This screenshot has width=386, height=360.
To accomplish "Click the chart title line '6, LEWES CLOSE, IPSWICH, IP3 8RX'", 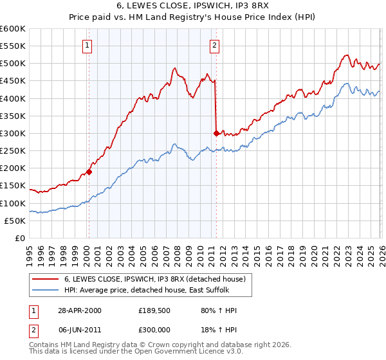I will (193, 6).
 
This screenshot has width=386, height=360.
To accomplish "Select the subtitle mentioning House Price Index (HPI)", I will (193, 17).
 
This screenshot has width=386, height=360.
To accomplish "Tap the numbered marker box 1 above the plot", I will (87, 45).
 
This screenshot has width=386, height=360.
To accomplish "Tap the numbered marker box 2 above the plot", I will (214, 45).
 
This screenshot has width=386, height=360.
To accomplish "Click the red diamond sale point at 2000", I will (89, 172).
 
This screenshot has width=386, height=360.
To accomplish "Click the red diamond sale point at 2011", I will (216, 133).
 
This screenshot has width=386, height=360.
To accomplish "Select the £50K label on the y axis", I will (15, 221).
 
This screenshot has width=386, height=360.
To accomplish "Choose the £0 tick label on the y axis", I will (19, 238).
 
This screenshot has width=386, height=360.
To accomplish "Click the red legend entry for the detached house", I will (154, 279).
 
